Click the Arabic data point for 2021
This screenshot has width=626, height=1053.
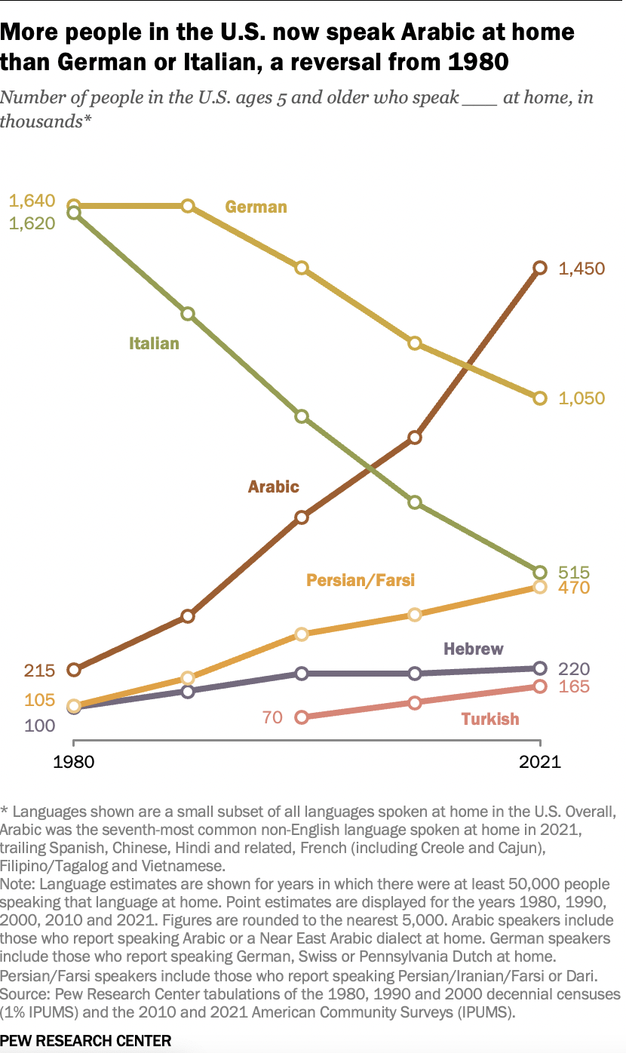[x=539, y=268]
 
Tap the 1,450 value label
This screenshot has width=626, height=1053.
[x=582, y=269]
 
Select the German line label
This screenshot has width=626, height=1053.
[x=256, y=207]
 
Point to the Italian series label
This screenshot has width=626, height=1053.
[x=154, y=344]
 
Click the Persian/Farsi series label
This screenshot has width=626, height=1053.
[x=361, y=580]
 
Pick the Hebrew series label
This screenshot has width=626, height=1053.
[x=473, y=649]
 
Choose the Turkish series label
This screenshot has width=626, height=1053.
[x=490, y=719]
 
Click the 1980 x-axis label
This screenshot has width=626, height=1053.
[x=74, y=762]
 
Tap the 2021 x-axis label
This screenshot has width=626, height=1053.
[x=540, y=762]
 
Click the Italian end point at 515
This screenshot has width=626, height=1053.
[x=539, y=572]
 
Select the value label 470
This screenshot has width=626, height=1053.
[x=574, y=588]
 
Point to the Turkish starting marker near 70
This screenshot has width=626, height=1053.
[x=302, y=717]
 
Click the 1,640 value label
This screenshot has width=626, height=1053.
[x=32, y=201]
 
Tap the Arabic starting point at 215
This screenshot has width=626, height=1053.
[x=74, y=670]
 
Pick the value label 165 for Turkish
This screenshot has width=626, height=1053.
[x=574, y=687]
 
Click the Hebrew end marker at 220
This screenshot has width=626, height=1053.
[x=539, y=668]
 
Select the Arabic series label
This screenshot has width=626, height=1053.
[x=274, y=487]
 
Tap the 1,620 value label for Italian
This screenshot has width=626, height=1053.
[x=32, y=223]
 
